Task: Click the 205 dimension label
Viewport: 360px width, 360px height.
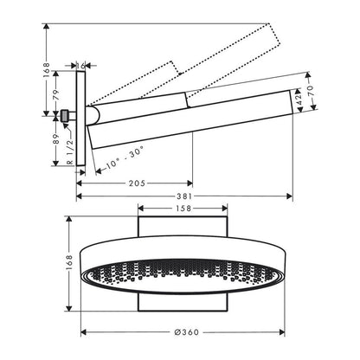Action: (x=137, y=183)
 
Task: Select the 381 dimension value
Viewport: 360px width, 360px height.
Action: (x=184, y=196)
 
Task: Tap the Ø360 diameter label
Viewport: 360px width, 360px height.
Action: (x=187, y=332)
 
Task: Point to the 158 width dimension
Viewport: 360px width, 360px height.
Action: (x=183, y=208)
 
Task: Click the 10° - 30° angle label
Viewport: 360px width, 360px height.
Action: (x=125, y=157)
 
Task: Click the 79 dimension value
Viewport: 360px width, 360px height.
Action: (x=55, y=94)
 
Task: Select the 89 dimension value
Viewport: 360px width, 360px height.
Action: (x=55, y=139)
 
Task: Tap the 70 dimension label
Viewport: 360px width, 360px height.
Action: (x=310, y=91)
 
